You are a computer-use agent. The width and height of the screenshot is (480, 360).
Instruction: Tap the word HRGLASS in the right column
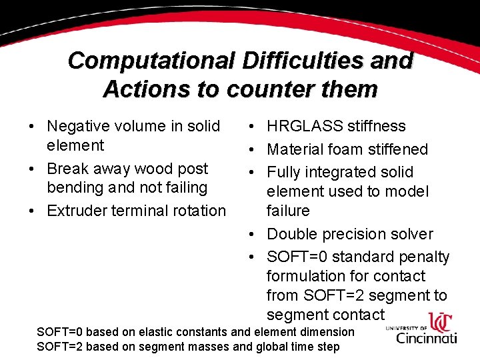[x=304, y=126]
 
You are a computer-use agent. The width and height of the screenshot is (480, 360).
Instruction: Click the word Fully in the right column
[x=285, y=172]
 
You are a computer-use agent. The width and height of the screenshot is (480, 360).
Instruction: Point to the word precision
[x=353, y=234]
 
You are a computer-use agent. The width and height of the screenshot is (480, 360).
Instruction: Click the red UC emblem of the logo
[x=439, y=322]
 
